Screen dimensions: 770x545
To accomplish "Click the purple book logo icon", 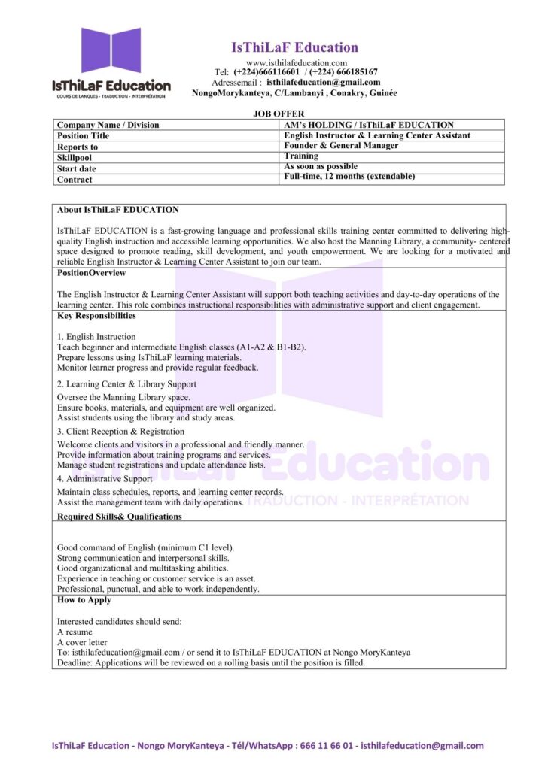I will pyautogui.click(x=111, y=50).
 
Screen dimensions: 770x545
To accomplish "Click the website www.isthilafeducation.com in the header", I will pyautogui.click(x=297, y=62).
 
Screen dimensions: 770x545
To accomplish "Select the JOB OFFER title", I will pyautogui.click(x=279, y=113).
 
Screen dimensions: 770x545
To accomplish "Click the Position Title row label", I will pyautogui.click(x=83, y=136).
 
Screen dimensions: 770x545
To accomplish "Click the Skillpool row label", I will pyautogui.click(x=75, y=158).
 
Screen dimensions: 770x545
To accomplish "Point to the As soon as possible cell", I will pyautogui.click(x=321, y=166).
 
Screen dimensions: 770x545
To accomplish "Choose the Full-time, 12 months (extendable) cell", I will pyautogui.click(x=349, y=176).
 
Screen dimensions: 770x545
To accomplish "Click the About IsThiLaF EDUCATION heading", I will pyautogui.click(x=118, y=210).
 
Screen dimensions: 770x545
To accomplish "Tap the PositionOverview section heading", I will pyautogui.click(x=92, y=273).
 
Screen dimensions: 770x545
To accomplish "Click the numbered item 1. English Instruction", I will pyautogui.click(x=96, y=337).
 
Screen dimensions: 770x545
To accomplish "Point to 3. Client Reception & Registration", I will pyautogui.click(x=120, y=432).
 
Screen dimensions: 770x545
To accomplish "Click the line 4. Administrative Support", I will pyautogui.click(x=105, y=478).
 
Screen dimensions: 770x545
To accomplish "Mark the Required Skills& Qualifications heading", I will pyautogui.click(x=120, y=517).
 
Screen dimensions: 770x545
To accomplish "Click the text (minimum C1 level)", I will pyautogui.click(x=196, y=547).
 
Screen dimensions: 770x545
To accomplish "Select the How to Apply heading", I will pyautogui.click(x=84, y=600).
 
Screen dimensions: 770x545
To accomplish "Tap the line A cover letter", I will pyautogui.click(x=82, y=642).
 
